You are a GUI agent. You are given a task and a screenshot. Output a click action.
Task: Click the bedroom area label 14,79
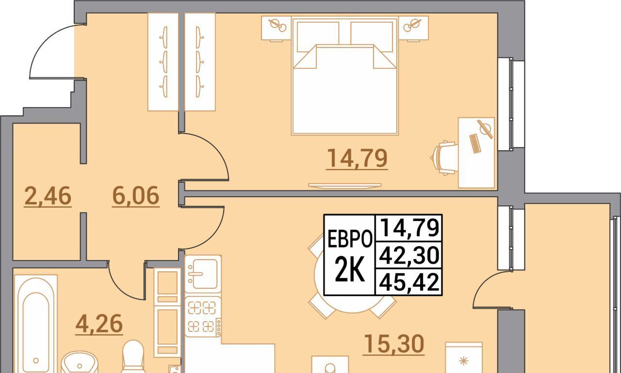(357, 158)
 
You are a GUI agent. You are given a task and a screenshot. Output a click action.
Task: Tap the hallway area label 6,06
(135, 196)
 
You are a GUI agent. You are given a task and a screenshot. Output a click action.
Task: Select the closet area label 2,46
(48, 196)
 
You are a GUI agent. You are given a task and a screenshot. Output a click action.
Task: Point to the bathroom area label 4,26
(99, 324)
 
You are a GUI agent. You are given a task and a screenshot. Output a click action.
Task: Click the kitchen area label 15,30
(393, 343)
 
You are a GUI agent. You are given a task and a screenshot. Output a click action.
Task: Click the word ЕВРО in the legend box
(350, 239)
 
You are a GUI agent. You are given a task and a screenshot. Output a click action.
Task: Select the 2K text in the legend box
(349, 269)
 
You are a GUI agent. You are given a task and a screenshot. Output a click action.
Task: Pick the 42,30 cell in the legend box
(409, 255)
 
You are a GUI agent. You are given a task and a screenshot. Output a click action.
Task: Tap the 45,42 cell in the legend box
(409, 281)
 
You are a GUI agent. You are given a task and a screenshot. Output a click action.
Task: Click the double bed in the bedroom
(345, 76)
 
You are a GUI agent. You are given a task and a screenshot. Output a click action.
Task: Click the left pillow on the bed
(318, 37)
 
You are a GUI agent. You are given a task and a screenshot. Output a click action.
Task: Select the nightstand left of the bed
(277, 29)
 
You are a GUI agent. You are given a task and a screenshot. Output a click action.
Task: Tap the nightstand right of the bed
(413, 29)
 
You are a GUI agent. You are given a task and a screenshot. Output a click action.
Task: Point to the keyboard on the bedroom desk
(475, 143)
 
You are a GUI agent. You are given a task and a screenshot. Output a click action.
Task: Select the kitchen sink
(203, 274)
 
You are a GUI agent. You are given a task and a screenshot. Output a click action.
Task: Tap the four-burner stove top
(203, 317)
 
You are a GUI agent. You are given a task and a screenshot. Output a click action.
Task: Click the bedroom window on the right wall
(511, 104)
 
